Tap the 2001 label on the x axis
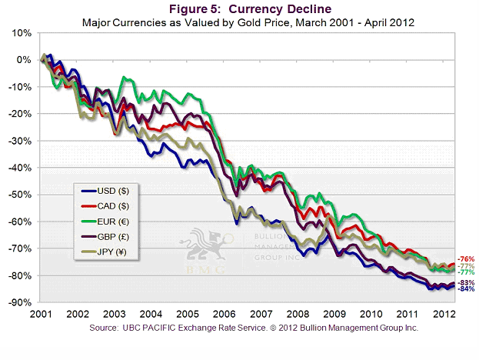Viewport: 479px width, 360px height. point(42,315)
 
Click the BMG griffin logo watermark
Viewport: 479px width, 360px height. point(205,246)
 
